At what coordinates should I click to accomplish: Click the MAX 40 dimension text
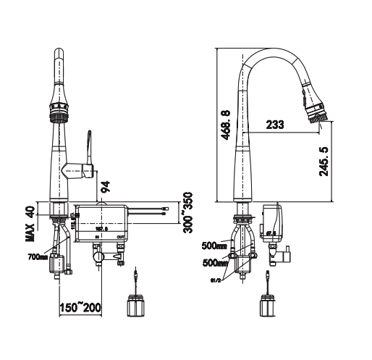(x=30, y=222)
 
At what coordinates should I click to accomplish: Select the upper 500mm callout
(x=216, y=245)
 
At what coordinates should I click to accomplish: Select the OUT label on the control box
(x=120, y=236)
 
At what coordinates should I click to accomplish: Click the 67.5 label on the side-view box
(x=271, y=233)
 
